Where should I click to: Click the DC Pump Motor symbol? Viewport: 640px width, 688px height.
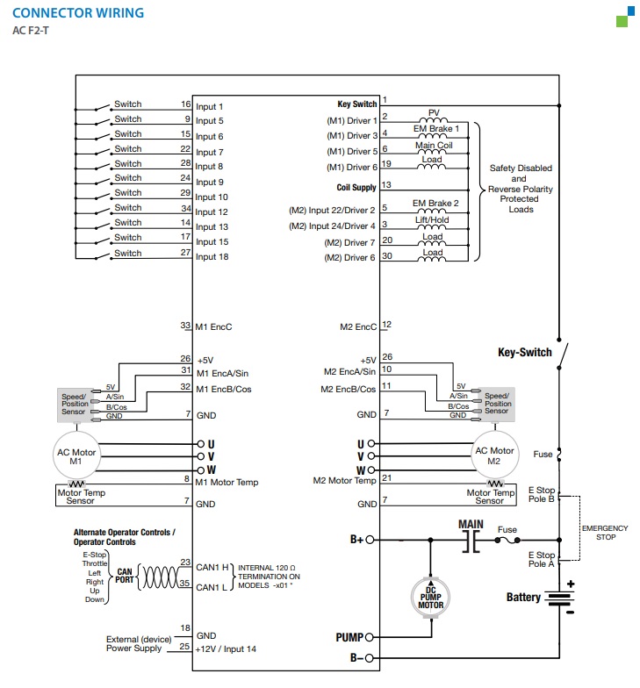point(430,597)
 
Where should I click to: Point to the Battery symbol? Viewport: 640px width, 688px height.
point(559,598)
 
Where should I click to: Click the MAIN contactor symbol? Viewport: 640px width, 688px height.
point(471,541)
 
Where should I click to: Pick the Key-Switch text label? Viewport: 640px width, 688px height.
point(525,353)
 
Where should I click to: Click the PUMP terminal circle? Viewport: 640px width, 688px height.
point(369,637)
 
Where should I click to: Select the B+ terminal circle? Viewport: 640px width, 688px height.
point(370,540)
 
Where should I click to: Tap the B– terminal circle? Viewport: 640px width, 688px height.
point(369,658)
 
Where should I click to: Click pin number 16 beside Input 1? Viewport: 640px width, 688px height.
point(186,104)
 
